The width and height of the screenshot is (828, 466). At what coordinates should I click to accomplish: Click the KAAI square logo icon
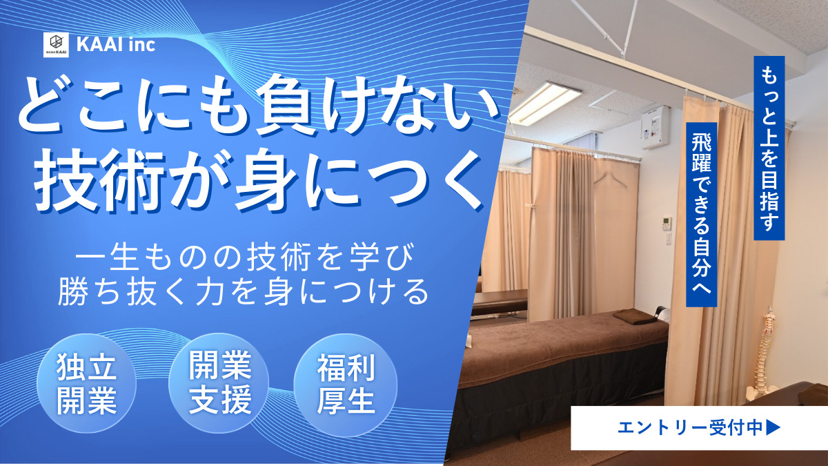click(56, 45)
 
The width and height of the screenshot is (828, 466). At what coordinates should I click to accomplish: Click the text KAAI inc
click(116, 45)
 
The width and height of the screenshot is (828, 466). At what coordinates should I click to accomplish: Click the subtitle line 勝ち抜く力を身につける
click(244, 292)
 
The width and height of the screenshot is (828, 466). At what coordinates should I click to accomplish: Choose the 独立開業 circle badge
click(86, 384)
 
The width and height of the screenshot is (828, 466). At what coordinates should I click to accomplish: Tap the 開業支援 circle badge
click(219, 384)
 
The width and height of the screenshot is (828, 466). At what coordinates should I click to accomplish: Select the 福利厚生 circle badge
click(346, 384)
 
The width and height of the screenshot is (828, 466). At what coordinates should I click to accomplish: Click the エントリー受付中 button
click(699, 427)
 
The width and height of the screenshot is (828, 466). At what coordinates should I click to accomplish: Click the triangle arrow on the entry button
click(773, 427)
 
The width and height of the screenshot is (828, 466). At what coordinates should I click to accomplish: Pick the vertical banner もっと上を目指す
click(769, 148)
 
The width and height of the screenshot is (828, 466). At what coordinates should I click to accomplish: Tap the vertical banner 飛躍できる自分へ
click(702, 215)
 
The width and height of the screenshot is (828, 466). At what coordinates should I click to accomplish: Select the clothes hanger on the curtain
click(607, 180)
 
